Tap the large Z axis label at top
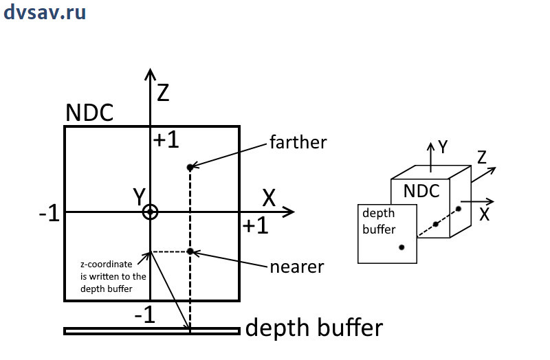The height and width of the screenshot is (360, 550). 163,91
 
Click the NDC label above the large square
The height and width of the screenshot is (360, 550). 89,113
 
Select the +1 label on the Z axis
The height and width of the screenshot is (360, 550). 166,139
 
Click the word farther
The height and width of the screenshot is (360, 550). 298,143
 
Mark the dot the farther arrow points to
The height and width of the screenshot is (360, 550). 190,167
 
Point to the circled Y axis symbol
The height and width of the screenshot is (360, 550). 151,212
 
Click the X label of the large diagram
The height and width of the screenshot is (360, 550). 269,198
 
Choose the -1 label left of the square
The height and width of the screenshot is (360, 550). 50,215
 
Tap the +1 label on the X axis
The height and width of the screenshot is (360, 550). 254,227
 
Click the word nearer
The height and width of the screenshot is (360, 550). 297,266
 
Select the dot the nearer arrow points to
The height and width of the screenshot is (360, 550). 190,251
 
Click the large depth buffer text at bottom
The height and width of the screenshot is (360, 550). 313,328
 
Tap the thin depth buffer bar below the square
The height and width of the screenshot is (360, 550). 151,331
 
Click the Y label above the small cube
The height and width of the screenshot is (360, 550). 443,147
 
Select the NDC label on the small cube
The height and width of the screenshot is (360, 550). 421,191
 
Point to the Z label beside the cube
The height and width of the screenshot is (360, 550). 482,158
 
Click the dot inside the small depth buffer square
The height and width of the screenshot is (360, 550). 401,247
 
